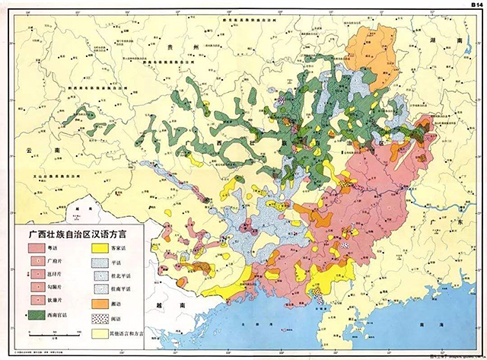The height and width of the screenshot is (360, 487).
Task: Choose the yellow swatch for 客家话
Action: coord(100,248)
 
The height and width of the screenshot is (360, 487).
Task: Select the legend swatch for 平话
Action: coord(100,262)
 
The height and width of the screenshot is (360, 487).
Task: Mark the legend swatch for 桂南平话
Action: coord(100,288)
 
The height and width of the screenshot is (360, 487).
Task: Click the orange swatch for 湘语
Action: coord(100,302)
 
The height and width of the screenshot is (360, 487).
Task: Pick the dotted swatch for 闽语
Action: coord(100,316)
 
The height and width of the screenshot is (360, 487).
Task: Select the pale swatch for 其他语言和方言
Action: coord(100,332)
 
